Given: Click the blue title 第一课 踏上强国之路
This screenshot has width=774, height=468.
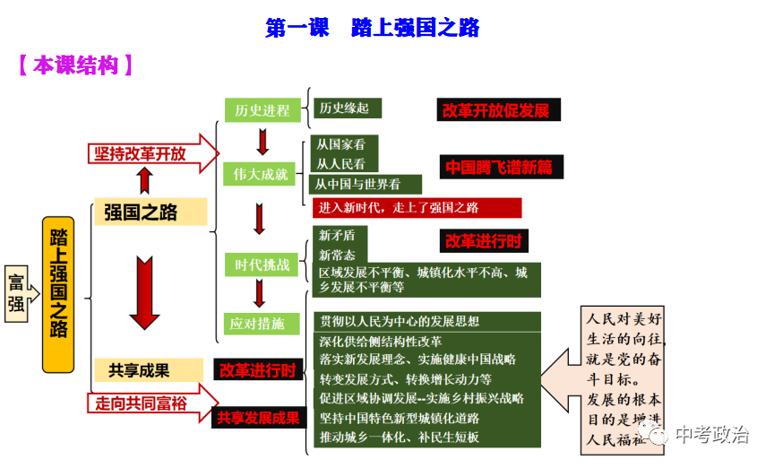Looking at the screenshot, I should pyautogui.click(x=372, y=28).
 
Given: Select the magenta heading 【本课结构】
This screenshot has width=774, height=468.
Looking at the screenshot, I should pyautogui.click(x=75, y=65).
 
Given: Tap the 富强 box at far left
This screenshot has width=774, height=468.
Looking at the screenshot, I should pyautogui.click(x=16, y=292).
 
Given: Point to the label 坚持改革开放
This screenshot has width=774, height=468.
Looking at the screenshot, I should pyautogui.click(x=142, y=153).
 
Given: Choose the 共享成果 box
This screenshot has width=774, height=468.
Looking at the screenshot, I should pyautogui.click(x=139, y=369).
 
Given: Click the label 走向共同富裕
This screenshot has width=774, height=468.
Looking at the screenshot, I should pyautogui.click(x=142, y=403).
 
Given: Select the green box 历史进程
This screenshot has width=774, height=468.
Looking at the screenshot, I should pyautogui.click(x=262, y=110).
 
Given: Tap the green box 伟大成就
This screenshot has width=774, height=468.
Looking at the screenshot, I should pyautogui.click(x=261, y=174).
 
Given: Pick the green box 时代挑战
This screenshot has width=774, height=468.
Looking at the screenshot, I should pyautogui.click(x=262, y=264).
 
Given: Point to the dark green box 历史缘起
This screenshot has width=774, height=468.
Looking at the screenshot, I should pyautogui.click(x=346, y=108).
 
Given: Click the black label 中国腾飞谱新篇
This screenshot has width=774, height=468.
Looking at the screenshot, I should pyautogui.click(x=499, y=167).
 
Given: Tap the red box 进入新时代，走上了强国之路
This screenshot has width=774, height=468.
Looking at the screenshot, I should pyautogui.click(x=417, y=207).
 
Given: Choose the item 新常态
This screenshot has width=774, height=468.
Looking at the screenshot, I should pyautogui.click(x=338, y=255).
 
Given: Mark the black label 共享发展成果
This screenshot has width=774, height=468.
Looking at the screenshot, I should pyautogui.click(x=258, y=417).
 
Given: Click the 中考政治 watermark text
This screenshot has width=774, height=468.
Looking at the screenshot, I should pyautogui.click(x=711, y=436).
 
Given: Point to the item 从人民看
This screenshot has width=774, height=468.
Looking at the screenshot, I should pyautogui.click(x=341, y=164).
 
